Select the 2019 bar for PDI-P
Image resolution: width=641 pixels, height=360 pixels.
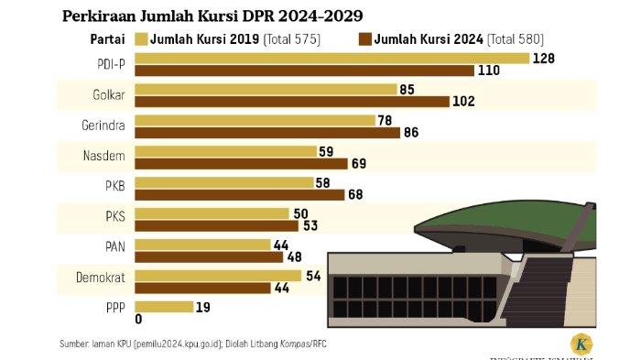331,59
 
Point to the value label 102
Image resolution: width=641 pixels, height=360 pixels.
463,102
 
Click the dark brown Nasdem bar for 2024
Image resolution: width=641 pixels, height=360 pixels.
241,163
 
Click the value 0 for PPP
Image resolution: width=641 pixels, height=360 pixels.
138,320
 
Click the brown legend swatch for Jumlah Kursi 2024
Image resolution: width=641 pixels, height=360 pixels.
367,38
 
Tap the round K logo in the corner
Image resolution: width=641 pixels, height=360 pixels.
581,344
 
